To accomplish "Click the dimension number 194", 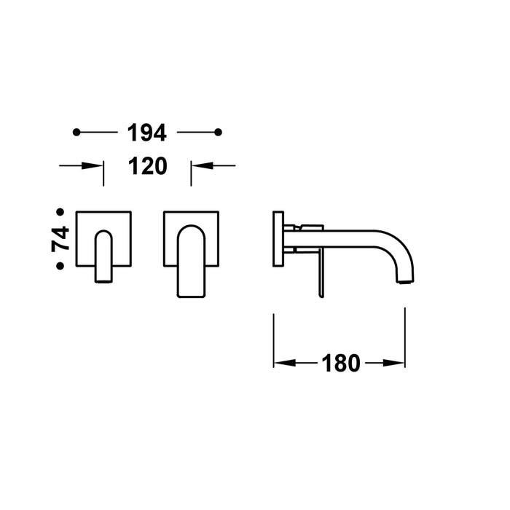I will click(x=147, y=133).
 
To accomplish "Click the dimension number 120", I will click(x=147, y=166).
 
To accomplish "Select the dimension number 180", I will click(x=340, y=362).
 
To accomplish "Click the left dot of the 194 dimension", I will click(x=76, y=132).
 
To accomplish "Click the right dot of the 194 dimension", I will click(x=218, y=132).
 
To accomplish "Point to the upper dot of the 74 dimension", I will click(x=60, y=211).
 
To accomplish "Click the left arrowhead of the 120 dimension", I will click(x=98, y=166).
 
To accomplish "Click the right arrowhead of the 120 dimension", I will click(x=197, y=166).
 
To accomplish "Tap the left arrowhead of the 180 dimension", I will click(x=281, y=362).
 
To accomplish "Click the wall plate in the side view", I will click(x=278, y=239).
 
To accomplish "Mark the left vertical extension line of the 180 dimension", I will click(x=273, y=339).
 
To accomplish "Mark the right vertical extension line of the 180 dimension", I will click(x=405, y=339).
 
